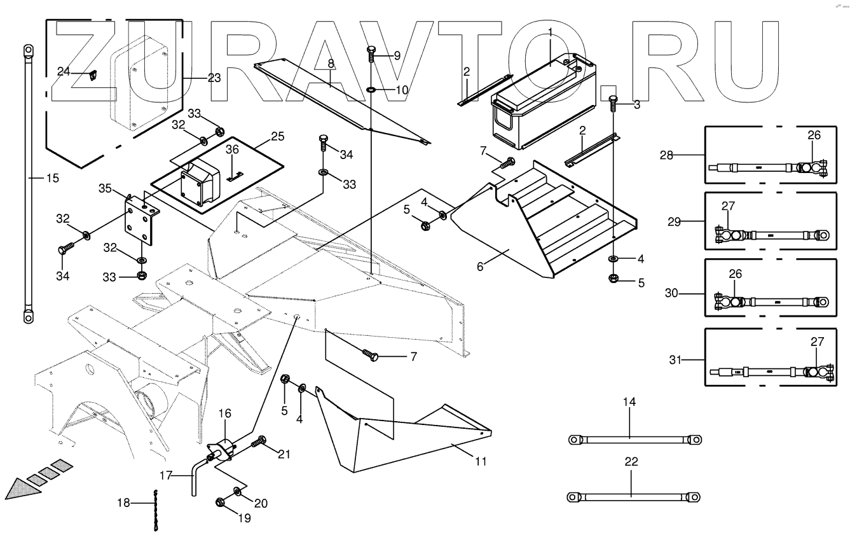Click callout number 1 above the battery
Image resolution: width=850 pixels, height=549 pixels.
coord(551,32)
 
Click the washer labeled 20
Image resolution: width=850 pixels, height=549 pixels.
coord(236,491)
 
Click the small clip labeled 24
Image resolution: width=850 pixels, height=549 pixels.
coord(92,75)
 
